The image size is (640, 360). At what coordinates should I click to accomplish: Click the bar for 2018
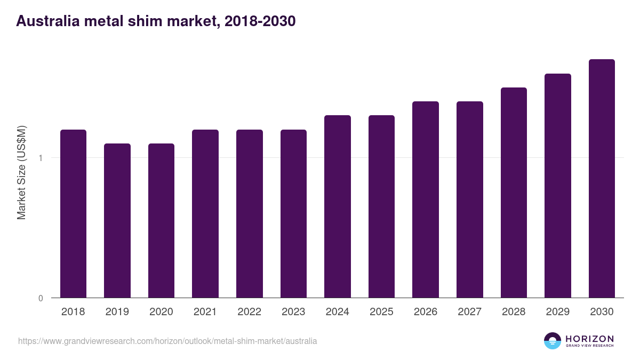pyautogui.click(x=73, y=214)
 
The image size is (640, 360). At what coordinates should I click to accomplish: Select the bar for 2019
pyautogui.click(x=117, y=221)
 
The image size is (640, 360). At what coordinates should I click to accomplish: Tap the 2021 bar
pyautogui.click(x=205, y=214)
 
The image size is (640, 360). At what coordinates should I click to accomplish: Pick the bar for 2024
pyautogui.click(x=338, y=206)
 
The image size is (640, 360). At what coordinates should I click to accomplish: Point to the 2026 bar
pyautogui.click(x=426, y=199)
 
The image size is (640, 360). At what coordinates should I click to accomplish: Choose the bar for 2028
pyautogui.click(x=514, y=193)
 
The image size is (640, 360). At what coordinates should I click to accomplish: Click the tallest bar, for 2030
pyautogui.click(x=602, y=179)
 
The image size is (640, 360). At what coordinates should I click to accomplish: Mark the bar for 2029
pyautogui.click(x=558, y=186)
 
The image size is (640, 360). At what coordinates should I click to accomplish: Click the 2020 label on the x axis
pyautogui.click(x=161, y=311)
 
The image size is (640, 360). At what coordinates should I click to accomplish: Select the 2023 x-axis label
pyautogui.click(x=293, y=311)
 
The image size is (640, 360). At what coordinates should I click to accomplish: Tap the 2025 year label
pyautogui.click(x=381, y=311)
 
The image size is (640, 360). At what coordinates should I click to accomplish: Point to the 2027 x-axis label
pyautogui.click(x=469, y=311)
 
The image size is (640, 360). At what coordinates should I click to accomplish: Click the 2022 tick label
pyautogui.click(x=249, y=311)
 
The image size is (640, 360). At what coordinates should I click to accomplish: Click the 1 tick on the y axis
pyautogui.click(x=41, y=158)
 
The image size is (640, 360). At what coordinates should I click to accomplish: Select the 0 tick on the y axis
pyautogui.click(x=41, y=298)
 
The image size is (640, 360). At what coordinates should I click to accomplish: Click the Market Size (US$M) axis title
pyautogui.click(x=21, y=173)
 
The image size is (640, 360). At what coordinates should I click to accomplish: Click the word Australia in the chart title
pyautogui.click(x=47, y=21)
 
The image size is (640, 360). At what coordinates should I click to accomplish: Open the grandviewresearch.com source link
pyautogui.click(x=167, y=341)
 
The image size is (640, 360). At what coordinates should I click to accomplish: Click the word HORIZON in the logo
pyautogui.click(x=589, y=339)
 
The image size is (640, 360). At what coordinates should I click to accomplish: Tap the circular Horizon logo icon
pyautogui.click(x=553, y=341)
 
